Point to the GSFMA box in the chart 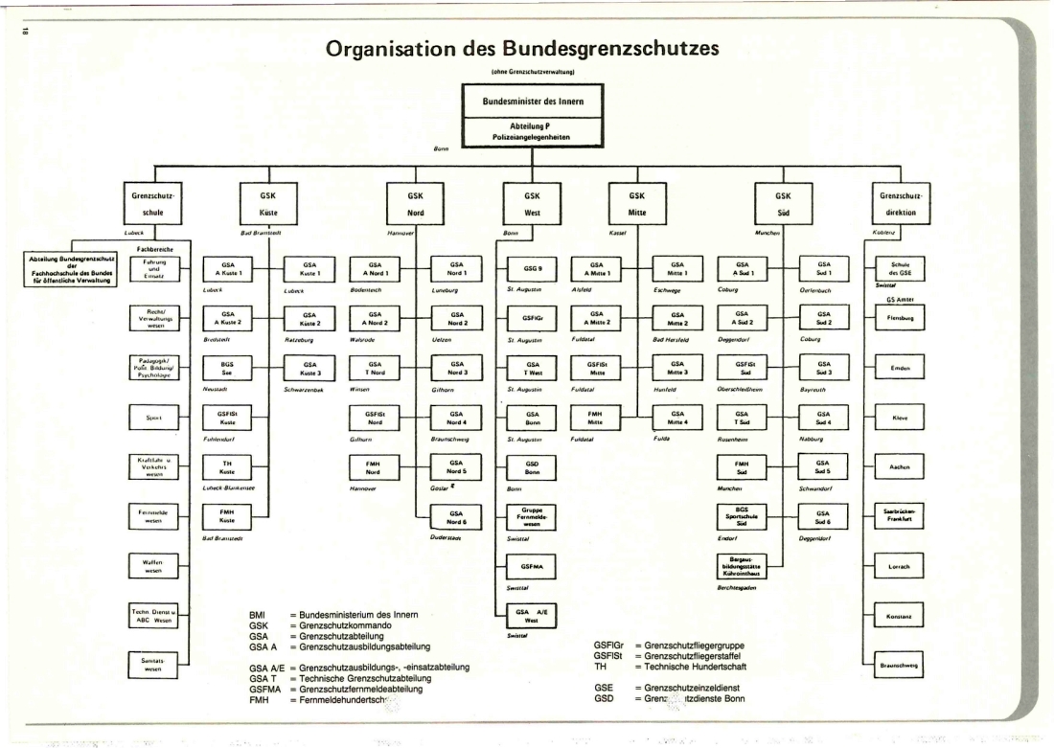click(x=533, y=567)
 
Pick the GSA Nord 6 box click(x=458, y=518)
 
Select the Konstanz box click(x=900, y=615)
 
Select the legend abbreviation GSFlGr click(x=609, y=646)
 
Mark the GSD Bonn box click(x=533, y=467)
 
